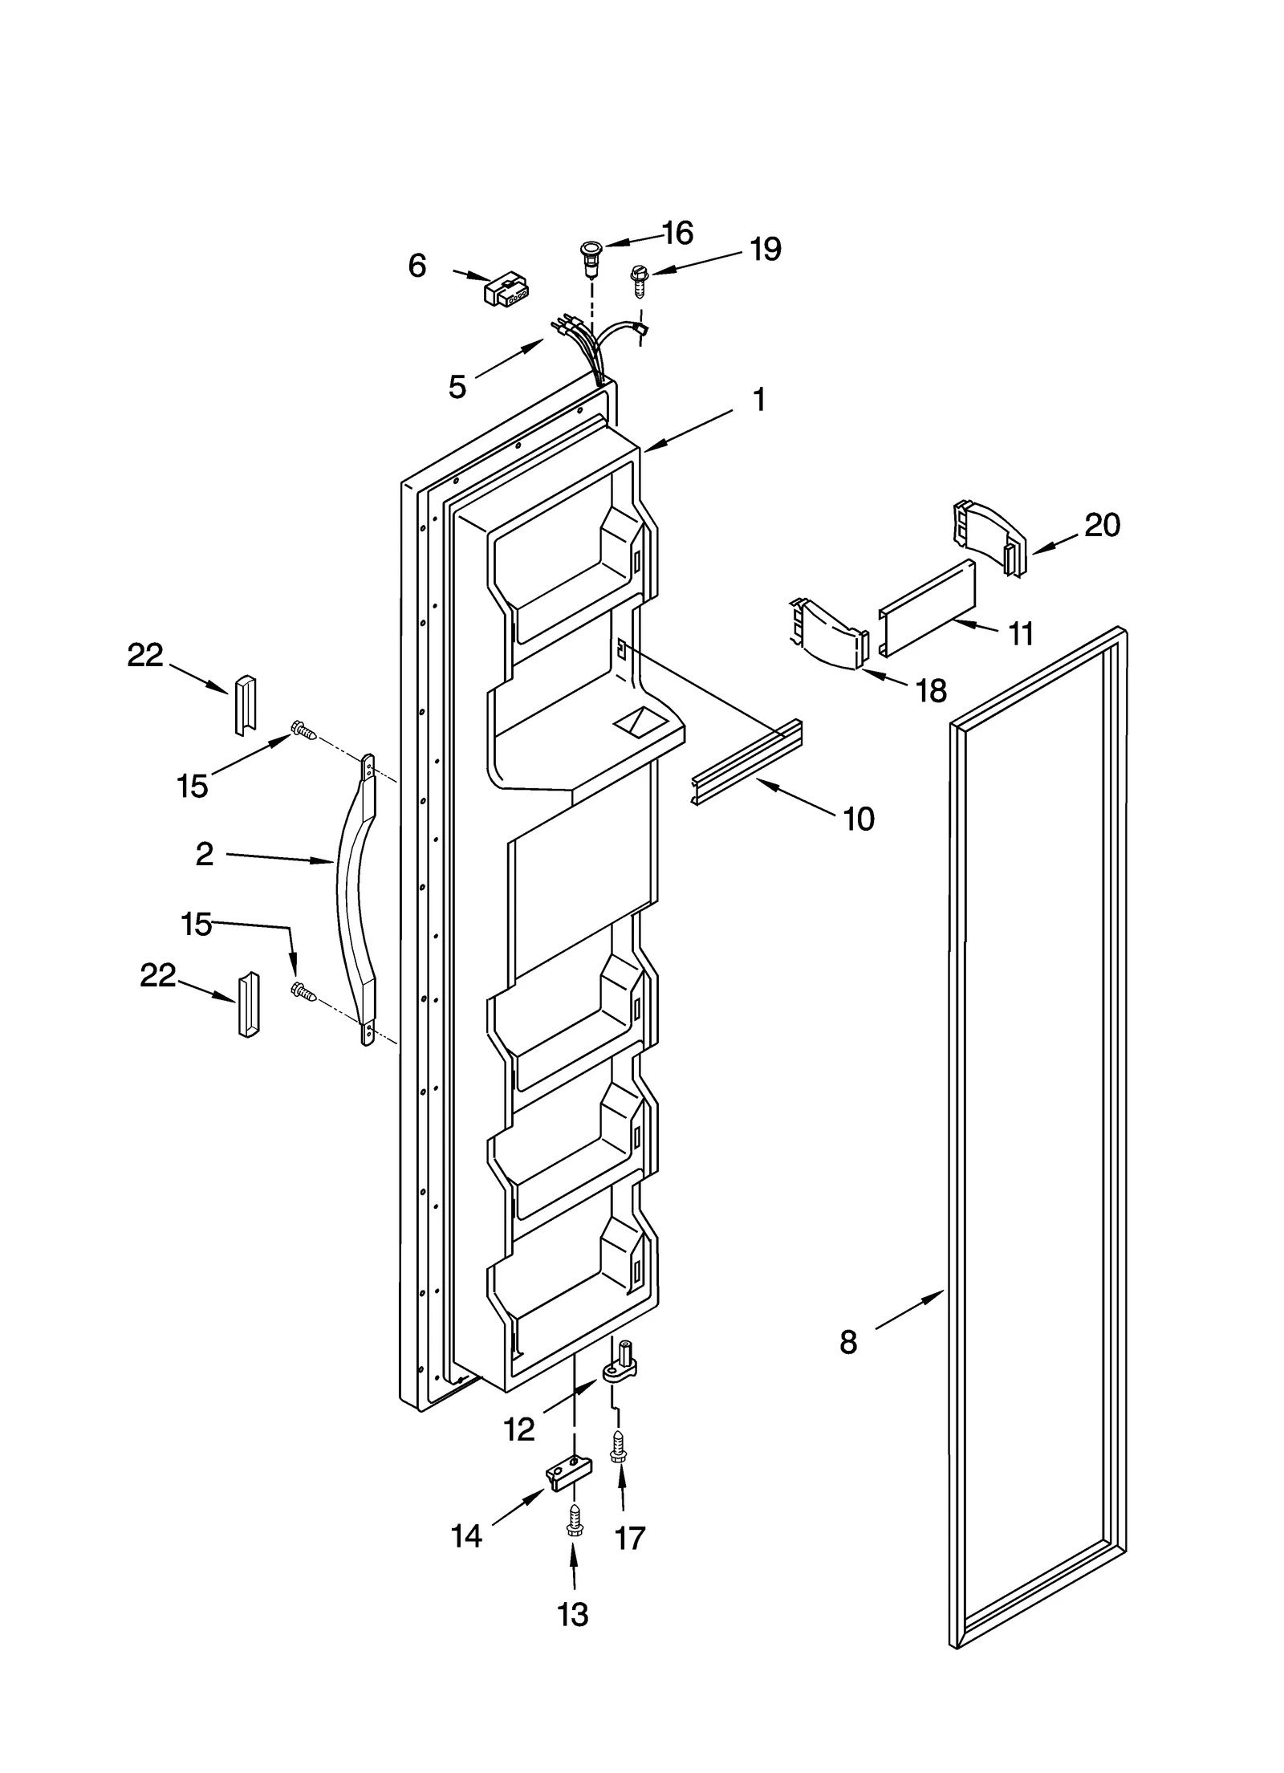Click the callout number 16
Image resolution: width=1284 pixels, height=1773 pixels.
[x=678, y=233]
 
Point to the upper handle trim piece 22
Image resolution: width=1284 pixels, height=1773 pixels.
[x=245, y=704]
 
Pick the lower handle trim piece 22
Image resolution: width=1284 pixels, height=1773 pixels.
[x=248, y=1005]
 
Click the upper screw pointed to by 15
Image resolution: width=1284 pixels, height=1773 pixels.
[x=303, y=730]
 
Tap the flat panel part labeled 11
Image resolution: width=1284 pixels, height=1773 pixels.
[x=928, y=609]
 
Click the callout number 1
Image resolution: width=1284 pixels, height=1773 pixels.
[x=758, y=399]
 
